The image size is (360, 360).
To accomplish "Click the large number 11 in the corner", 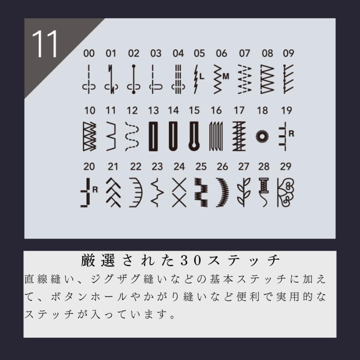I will point(45,44).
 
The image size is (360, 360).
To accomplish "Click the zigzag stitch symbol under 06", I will point(219,78).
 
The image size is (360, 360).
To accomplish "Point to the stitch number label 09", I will point(288,54).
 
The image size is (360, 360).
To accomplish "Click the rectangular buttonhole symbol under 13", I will point(153,136).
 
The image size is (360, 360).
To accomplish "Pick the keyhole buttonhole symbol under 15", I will point(194,136).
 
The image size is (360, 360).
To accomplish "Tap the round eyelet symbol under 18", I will point(262,136).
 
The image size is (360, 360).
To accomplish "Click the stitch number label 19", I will point(287,110).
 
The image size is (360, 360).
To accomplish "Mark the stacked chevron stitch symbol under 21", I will point(114,192).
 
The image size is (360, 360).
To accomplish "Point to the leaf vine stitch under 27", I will point(242,192).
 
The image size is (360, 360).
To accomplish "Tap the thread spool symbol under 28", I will point(264,191).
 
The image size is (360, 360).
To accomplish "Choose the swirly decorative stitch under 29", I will point(285,192).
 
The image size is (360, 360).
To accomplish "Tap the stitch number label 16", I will point(216,110).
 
